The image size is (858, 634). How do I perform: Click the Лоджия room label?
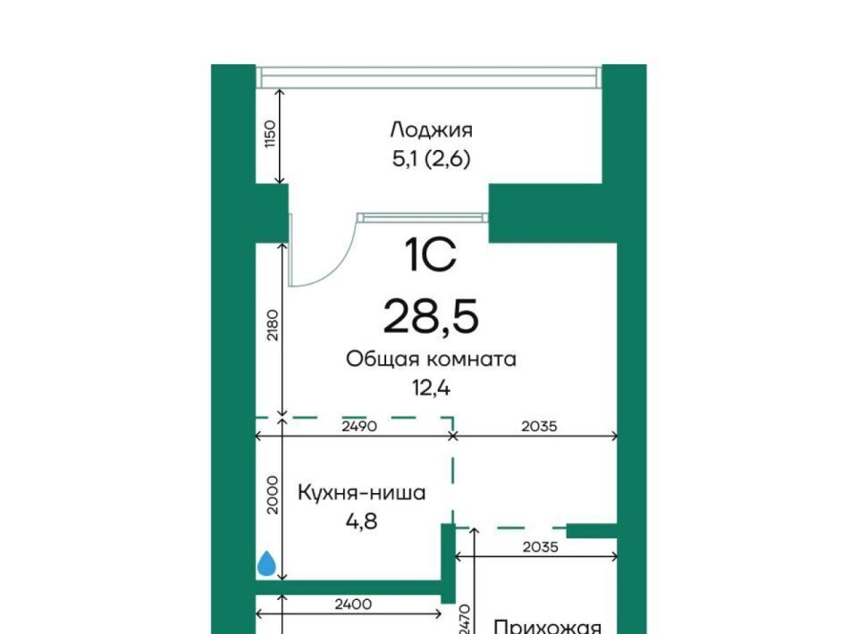[x=431, y=130]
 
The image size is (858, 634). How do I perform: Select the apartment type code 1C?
[x=430, y=255]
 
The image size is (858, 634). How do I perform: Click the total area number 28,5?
[x=431, y=317]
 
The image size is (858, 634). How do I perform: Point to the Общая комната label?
[x=431, y=359]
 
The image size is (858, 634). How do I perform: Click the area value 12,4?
[x=431, y=388]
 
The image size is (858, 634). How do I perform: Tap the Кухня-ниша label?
[x=362, y=492]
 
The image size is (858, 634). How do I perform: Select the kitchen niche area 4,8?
[x=362, y=521]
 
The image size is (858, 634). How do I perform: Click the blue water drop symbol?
[x=266, y=563]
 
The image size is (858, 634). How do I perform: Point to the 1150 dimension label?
[x=272, y=133]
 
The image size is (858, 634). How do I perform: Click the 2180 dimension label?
[x=272, y=325]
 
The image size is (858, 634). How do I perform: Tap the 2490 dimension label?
[x=359, y=426]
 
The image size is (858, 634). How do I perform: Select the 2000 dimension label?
[x=272, y=495]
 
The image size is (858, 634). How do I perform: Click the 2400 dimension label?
[x=354, y=605]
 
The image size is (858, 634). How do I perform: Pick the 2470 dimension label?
[x=466, y=619]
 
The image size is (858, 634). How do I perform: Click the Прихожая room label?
[x=547, y=626]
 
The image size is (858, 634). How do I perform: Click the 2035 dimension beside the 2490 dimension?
[x=539, y=426]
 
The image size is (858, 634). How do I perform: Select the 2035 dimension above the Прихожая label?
[x=541, y=546]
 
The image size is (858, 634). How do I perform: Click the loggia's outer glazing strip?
[x=429, y=77]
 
